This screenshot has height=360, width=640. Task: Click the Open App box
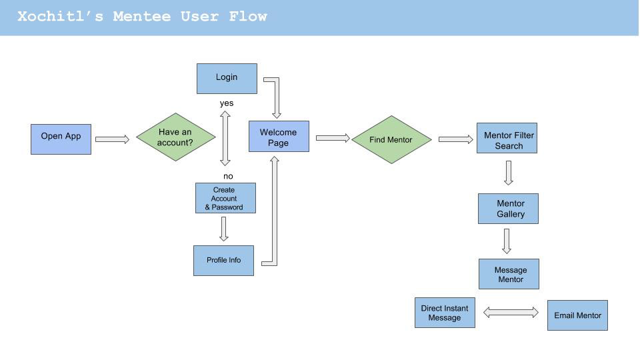(x=61, y=139)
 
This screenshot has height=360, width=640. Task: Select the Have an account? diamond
(x=175, y=137)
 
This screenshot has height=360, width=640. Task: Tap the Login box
(x=227, y=79)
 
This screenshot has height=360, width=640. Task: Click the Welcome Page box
(x=279, y=136)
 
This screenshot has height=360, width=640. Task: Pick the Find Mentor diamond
(x=391, y=139)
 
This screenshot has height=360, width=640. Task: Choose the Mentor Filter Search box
(x=507, y=138)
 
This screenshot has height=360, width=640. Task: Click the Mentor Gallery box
(x=508, y=209)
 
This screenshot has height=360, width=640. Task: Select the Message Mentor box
(x=509, y=274)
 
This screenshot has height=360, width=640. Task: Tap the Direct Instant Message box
(x=445, y=313)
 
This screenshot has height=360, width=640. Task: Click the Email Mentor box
(x=577, y=315)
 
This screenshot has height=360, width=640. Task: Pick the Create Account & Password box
(x=226, y=198)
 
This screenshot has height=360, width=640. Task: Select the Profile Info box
(x=224, y=261)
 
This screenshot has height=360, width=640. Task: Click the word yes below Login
(x=227, y=103)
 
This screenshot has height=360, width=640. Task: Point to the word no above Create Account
(x=228, y=176)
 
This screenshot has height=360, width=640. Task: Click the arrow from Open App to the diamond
(x=112, y=139)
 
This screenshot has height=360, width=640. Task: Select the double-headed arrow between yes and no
(x=225, y=139)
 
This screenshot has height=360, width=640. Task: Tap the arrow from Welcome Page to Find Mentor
(x=333, y=138)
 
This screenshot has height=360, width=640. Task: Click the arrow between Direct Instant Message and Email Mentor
(x=511, y=313)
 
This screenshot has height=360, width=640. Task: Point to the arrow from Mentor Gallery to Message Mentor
(x=507, y=241)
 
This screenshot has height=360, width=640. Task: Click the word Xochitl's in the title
(x=60, y=16)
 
